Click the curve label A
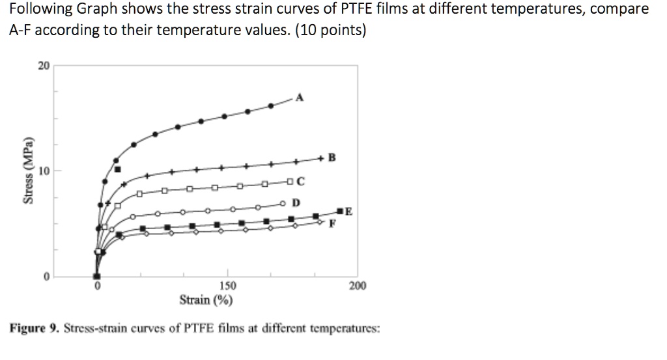pyautogui.click(x=300, y=98)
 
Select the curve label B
pyautogui.click(x=332, y=157)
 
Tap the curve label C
pyautogui.click(x=300, y=182)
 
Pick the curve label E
pyautogui.click(x=348, y=212)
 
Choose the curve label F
pyautogui.click(x=333, y=223)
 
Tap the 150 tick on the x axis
pyautogui.click(x=227, y=286)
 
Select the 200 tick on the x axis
pyautogui.click(x=358, y=286)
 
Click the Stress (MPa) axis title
pyautogui.click(x=28, y=171)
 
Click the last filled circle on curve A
pyautogui.click(x=271, y=105)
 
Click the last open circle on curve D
pyautogui.click(x=283, y=202)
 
